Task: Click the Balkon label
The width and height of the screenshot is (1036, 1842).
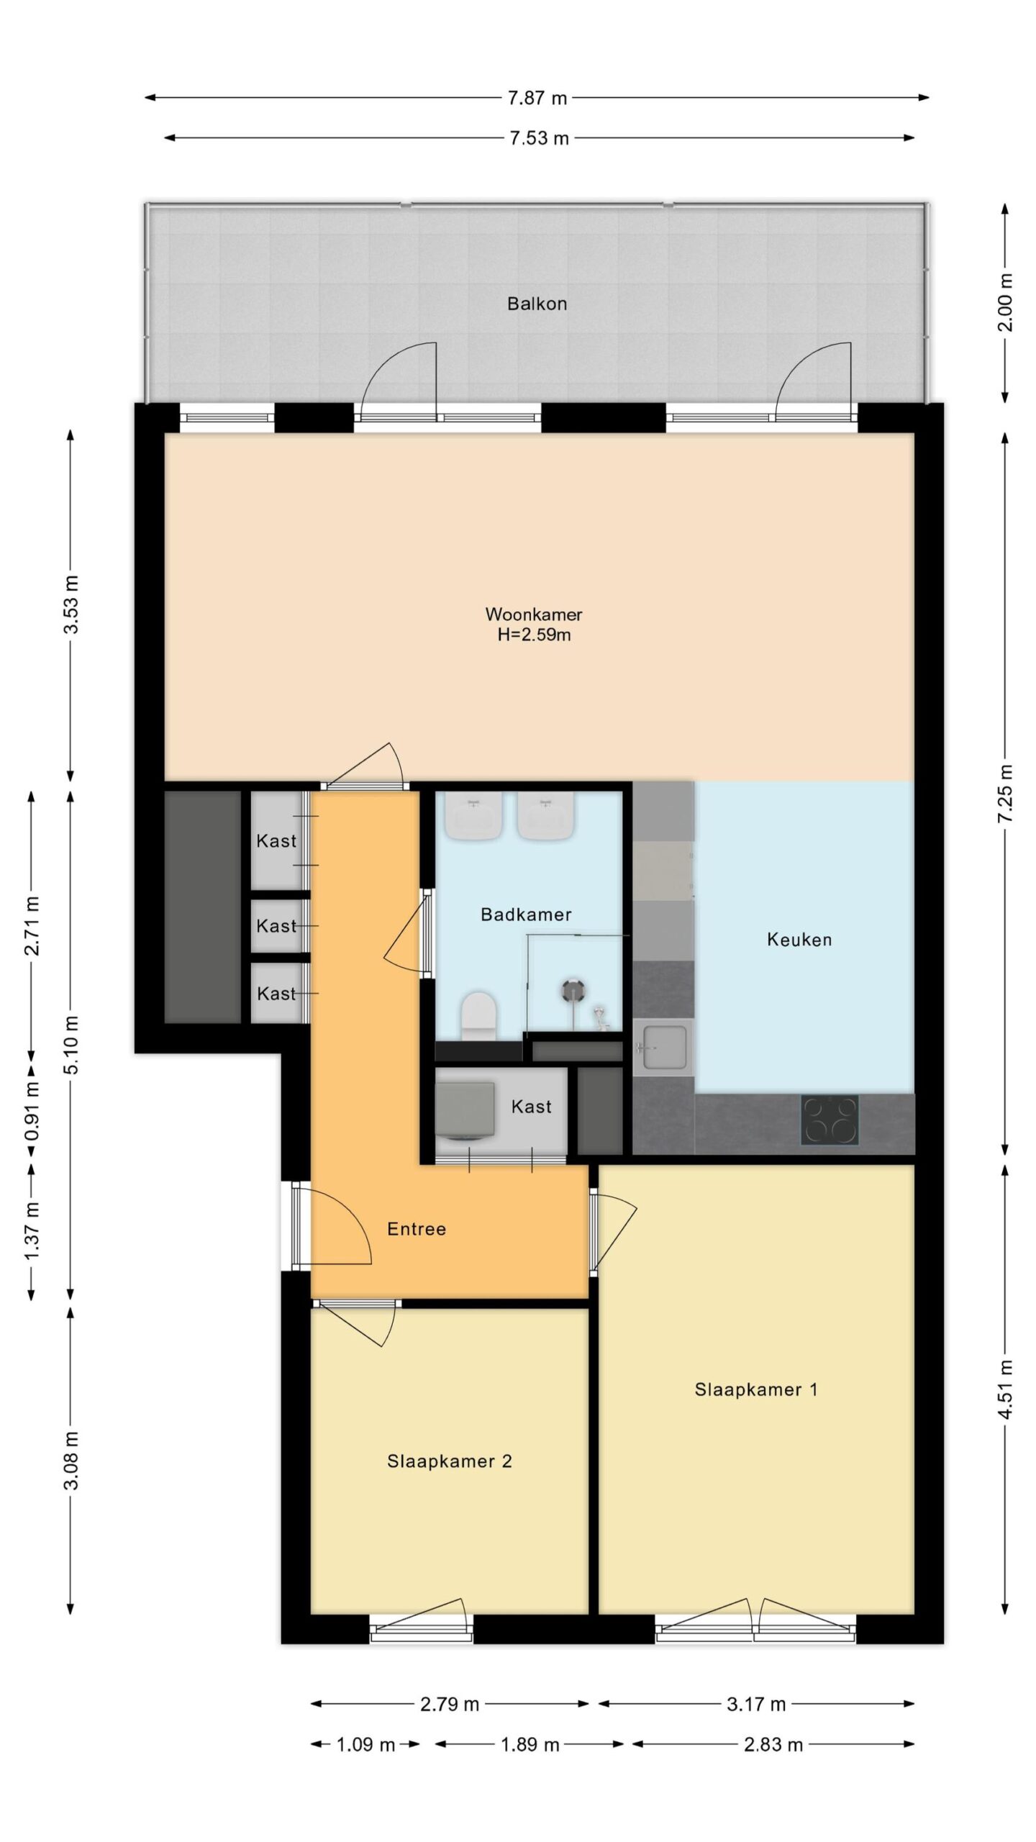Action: coord(537,304)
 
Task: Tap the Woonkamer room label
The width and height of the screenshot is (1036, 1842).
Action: coord(534,614)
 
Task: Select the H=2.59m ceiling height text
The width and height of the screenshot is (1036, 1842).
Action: coord(534,635)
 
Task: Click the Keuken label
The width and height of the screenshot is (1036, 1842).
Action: coord(799,940)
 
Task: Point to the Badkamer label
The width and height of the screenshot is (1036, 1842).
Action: coord(526,915)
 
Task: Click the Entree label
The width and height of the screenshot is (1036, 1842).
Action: coord(417,1229)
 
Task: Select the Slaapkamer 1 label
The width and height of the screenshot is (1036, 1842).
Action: coord(756,1389)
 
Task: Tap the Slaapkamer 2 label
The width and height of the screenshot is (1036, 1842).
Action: coord(450,1461)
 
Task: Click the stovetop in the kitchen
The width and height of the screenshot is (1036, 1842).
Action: coord(830,1120)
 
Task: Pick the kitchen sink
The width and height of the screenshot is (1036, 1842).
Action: coord(664,1047)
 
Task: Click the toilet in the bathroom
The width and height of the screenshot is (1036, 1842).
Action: coord(479,1015)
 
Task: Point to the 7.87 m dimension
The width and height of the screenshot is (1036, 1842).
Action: coord(537,98)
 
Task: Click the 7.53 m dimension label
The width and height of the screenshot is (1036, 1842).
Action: coord(540,138)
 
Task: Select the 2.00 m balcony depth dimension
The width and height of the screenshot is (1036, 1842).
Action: coord(1006,303)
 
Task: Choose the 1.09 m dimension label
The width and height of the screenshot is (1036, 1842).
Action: coord(366,1745)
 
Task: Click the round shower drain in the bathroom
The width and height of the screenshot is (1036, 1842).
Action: coord(573,991)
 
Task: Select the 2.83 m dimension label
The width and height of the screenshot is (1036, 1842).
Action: coord(773,1745)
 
